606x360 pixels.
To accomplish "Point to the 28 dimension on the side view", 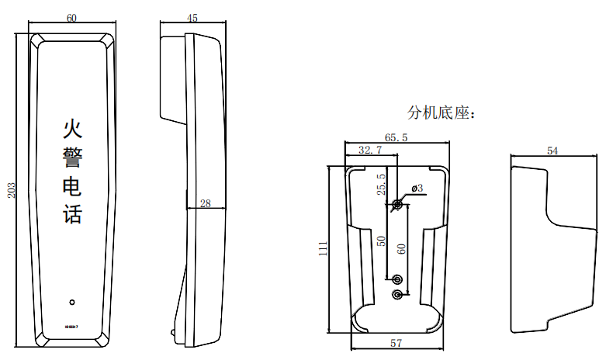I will (206, 203).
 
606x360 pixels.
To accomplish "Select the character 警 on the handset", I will (72, 157).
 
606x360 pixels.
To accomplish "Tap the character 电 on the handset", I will (72, 186).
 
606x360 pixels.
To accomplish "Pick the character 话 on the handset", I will (72, 214).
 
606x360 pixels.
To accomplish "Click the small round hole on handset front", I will (72, 302).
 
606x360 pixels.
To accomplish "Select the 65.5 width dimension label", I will (396, 137).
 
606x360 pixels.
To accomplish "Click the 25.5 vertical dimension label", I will (381, 185).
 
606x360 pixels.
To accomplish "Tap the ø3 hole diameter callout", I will (415, 189).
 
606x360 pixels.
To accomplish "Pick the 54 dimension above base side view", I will (552, 151).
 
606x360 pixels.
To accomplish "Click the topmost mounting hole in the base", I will (397, 204).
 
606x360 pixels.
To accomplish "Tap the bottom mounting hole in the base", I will (397, 295).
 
